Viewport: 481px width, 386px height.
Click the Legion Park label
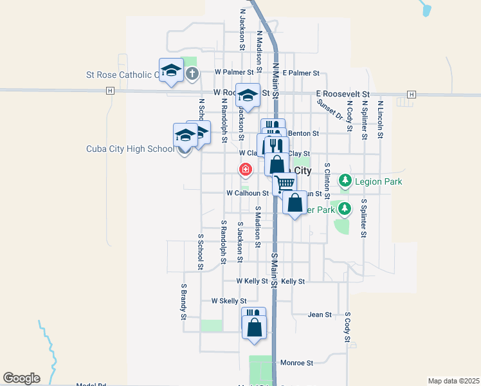[379, 182]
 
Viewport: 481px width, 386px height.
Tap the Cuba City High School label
[130, 149]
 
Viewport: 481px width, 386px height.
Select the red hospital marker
[245, 169]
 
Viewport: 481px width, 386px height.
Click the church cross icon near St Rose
[192, 74]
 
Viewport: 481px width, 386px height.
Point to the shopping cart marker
[284, 183]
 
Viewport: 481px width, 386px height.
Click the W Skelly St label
[229, 301]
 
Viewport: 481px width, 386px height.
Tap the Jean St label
[320, 315]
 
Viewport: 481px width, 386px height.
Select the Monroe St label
[296, 363]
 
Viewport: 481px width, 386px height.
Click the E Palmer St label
[301, 73]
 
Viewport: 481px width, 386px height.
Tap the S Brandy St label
[184, 302]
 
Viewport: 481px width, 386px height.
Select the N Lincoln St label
[381, 119]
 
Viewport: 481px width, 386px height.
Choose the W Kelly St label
[252, 281]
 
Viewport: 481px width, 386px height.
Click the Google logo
[21, 378]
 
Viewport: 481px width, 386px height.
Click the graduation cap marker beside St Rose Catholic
[171, 70]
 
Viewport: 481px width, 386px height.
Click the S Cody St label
[348, 327]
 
